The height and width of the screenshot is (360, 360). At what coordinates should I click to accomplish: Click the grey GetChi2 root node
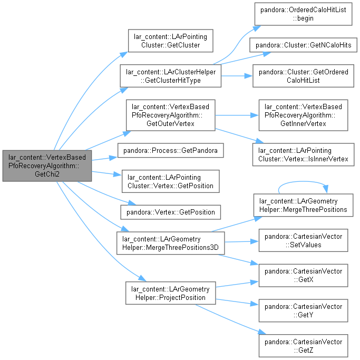coord(47,166)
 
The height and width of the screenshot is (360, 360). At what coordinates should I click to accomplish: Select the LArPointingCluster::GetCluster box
coord(171,41)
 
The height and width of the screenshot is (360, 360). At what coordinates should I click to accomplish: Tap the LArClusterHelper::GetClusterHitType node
coord(171,76)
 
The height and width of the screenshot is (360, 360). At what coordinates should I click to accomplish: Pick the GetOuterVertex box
coord(171,115)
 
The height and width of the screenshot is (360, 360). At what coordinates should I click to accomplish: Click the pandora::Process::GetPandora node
coord(171,150)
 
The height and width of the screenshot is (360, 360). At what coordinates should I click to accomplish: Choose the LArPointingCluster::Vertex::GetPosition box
coord(171,181)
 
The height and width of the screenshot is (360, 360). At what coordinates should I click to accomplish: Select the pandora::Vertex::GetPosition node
coord(171,212)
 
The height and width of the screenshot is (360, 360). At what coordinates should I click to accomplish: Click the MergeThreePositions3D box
coord(171,243)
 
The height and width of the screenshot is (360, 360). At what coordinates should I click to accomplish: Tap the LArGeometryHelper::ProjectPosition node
coord(171,293)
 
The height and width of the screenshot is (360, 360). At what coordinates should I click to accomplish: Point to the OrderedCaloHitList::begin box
coord(303,14)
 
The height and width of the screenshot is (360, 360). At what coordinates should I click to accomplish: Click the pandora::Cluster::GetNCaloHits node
coord(303,45)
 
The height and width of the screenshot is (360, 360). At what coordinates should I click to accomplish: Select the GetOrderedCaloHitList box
coord(303,76)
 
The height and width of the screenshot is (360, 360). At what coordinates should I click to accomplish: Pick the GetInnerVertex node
coord(303,115)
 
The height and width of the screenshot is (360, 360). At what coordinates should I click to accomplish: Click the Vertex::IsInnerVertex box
coord(303,154)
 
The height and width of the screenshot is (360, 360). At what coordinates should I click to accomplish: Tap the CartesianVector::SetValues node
coord(303,240)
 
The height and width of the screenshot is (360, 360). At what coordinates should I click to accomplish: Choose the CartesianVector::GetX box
coord(303,276)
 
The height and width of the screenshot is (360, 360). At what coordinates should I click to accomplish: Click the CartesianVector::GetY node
coord(303,310)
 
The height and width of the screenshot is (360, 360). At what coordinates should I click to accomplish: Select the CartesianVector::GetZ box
coord(303,346)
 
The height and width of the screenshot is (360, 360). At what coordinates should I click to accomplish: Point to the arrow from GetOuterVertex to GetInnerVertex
coord(237,115)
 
